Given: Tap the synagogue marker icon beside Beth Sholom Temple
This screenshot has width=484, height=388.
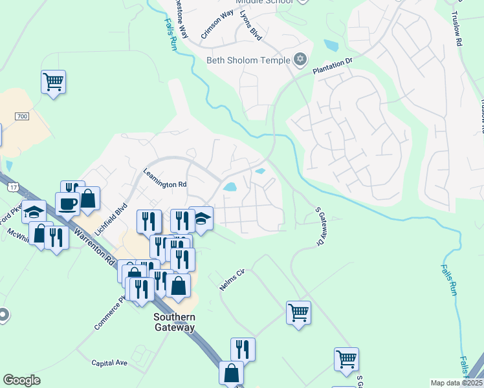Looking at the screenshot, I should tap(299, 60).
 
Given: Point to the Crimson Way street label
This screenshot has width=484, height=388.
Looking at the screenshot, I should tap(217, 25).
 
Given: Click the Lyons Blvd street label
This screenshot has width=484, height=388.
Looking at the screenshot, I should tap(250, 27).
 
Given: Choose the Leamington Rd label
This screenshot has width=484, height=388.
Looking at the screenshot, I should tap(164, 184).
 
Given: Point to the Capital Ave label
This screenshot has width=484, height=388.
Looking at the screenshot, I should tap(109, 363).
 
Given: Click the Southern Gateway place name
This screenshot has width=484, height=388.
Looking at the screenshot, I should tap(174, 322).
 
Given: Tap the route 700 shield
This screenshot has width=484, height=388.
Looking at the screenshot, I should tap(22, 116).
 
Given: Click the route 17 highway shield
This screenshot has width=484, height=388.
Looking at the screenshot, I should tap(13, 187).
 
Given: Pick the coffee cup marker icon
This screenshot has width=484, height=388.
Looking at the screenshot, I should tap(67, 204).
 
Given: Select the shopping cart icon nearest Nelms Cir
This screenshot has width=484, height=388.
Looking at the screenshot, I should tap(298, 313).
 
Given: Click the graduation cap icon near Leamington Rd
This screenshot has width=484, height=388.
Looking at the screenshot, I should tap(201, 218).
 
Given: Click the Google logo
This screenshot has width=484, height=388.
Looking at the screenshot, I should tap(21, 380).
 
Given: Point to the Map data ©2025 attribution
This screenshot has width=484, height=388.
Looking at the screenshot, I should tap(456, 383).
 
